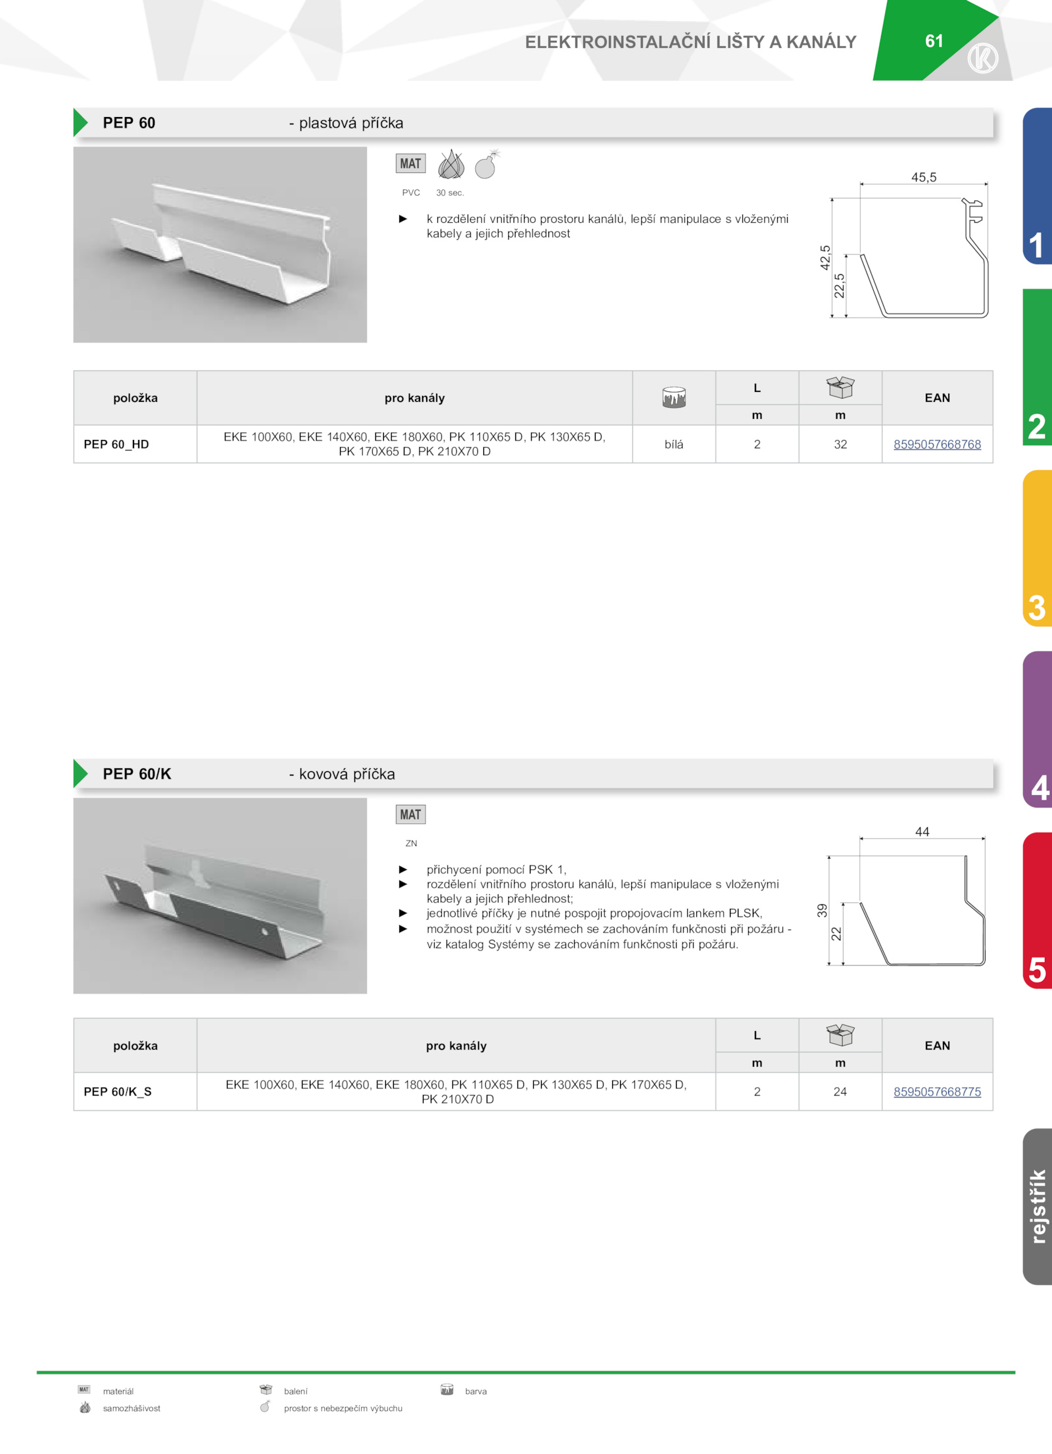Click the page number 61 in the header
934,41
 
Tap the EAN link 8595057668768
937,445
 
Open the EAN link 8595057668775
937,1092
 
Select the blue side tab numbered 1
1038,186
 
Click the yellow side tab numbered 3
1038,548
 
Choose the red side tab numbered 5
1038,910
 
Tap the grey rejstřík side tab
1038,1206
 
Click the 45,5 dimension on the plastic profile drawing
924,178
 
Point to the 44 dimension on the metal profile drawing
922,832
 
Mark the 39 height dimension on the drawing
822,910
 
